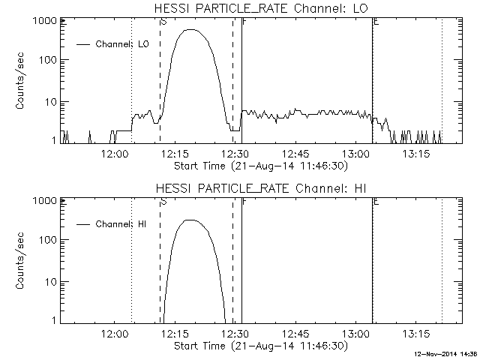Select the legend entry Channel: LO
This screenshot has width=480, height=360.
click(123, 44)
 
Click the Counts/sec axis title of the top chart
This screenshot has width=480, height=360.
click(22, 80)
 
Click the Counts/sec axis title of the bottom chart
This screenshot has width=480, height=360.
click(22, 260)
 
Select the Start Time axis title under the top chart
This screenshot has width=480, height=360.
click(259, 165)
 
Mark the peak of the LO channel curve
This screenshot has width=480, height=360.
click(192, 30)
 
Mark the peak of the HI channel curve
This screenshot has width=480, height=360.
click(190, 220)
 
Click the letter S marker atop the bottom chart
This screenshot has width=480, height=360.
click(163, 202)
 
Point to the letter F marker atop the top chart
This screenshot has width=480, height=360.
click(244, 22)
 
